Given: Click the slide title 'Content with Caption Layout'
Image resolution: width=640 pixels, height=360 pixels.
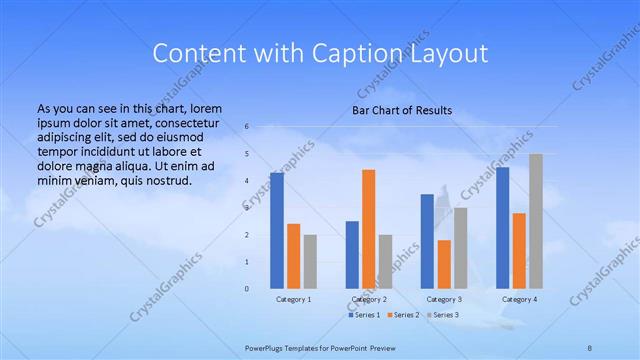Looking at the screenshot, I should point(320,52).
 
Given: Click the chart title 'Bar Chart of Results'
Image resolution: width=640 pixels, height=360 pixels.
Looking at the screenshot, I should point(401,110).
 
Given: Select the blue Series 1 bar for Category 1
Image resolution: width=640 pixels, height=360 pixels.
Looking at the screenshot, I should point(277,231).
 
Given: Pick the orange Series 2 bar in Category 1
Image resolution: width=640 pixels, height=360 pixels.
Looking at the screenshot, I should point(293,256).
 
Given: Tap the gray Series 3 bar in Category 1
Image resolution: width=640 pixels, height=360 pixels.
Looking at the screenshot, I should point(310,262).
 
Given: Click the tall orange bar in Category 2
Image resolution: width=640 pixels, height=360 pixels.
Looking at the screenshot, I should point(369,229).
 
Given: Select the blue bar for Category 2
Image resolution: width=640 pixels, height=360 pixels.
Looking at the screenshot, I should point(352,255).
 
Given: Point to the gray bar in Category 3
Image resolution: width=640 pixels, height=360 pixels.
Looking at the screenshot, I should point(460,248).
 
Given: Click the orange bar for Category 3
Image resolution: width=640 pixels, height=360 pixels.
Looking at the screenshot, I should point(444,264).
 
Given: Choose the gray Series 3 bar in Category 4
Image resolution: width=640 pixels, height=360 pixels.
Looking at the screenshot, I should point(536,221).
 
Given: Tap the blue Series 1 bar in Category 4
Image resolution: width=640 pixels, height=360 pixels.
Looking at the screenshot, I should point(502,228).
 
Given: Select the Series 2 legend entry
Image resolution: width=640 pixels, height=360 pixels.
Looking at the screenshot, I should point(402,315).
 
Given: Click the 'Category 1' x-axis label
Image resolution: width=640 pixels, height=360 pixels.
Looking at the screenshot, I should point(294,299).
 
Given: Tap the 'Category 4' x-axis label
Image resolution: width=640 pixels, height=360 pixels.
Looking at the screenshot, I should point(519,299).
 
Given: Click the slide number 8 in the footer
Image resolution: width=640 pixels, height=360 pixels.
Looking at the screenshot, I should point(589,347).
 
